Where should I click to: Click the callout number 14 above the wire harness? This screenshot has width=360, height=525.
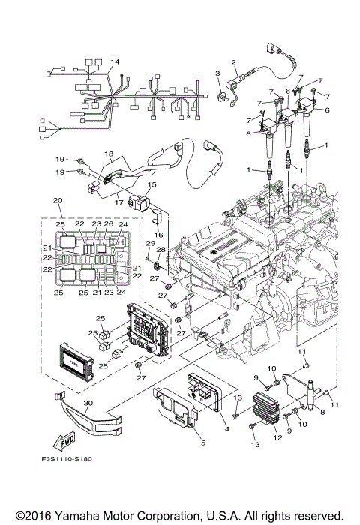[x=115, y=61]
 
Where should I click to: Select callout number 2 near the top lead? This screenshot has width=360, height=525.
[x=233, y=62]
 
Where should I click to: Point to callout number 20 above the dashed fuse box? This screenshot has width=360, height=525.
[x=56, y=201]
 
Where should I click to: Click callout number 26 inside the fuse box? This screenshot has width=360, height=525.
[x=109, y=224]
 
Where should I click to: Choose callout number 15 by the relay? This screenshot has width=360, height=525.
[x=151, y=184]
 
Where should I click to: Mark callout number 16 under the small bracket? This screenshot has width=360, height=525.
[x=158, y=234]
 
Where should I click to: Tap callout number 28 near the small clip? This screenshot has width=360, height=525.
[x=160, y=250]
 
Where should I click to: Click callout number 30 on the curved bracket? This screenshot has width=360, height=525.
[x=88, y=403]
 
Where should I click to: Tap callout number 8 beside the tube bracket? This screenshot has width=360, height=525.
[x=322, y=412]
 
